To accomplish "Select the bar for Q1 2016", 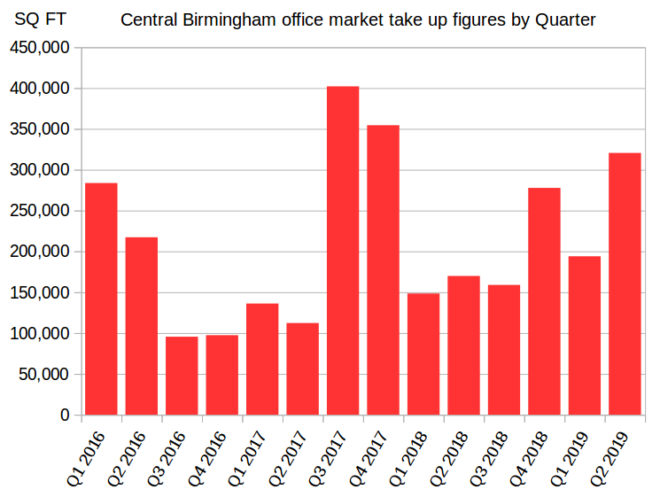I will coord(101,299).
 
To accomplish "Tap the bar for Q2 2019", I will coord(625,283).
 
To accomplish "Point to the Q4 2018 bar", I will coord(544,301).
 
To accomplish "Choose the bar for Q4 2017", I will coord(383,270).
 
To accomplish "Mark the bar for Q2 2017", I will coord(302,369).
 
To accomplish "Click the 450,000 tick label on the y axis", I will coord(38,48).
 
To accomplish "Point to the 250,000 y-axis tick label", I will coord(38,211).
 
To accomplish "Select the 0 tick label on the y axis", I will coord(65,415).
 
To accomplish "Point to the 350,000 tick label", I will coord(38,129).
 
